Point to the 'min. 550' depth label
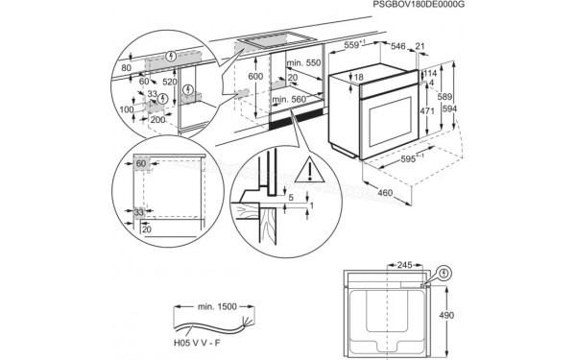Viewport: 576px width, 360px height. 304,62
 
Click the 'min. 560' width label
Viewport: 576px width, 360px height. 288,99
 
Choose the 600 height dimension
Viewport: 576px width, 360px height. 254,76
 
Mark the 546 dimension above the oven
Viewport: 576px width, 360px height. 396,45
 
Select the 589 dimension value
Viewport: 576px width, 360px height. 444,99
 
